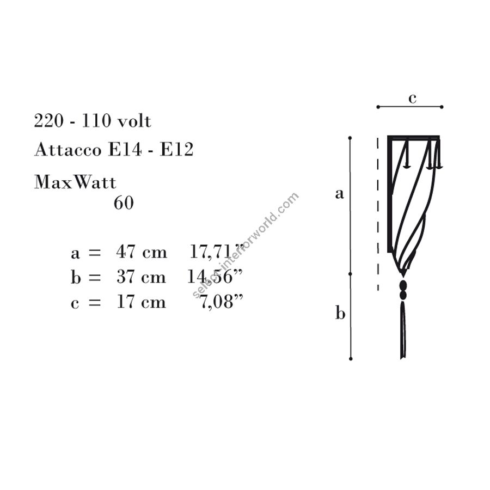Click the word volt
[x=134, y=121]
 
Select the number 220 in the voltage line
[x=49, y=121]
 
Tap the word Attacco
[x=68, y=149]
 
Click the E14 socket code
[x=125, y=149]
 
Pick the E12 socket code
[x=177, y=149]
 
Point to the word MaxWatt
[x=75, y=182]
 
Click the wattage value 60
[x=124, y=203]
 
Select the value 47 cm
[x=142, y=252]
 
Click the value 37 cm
[x=141, y=277]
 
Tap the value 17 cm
[x=141, y=302]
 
